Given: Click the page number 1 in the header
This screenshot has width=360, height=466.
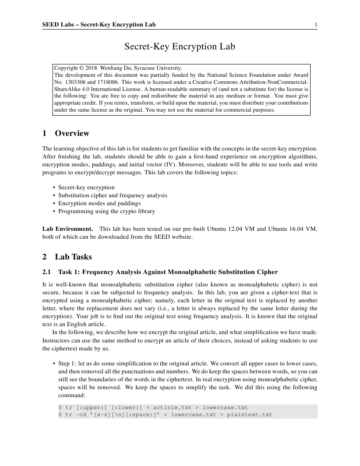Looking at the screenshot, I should [316, 24].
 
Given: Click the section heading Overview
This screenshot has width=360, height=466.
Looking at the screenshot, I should [72, 133].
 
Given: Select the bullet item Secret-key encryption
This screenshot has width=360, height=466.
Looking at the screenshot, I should [86, 187].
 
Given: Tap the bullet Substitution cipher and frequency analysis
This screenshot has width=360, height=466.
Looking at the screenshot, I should [112, 195].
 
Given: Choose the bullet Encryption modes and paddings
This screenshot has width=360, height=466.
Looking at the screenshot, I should [99, 203].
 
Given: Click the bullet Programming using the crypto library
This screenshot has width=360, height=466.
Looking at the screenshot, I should [106, 211].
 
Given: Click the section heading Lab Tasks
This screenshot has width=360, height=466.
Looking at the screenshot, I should [73, 257].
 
